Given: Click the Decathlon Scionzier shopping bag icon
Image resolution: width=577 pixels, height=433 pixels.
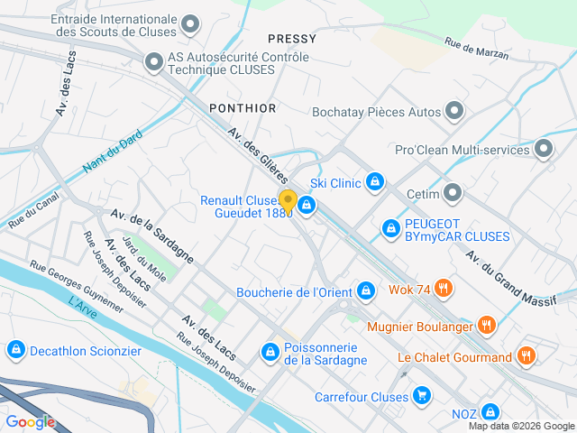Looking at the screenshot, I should click(x=14, y=349).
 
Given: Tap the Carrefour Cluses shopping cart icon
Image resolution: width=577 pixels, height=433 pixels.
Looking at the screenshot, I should click(x=421, y=395).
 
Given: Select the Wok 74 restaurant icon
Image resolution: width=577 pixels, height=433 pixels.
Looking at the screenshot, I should click(x=442, y=289).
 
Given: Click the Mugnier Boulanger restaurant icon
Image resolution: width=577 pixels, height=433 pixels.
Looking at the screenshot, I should click(x=486, y=324).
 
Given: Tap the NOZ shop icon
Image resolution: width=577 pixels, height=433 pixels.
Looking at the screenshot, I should click(x=490, y=412).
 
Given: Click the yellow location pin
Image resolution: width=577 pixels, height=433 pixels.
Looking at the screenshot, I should click(x=288, y=201).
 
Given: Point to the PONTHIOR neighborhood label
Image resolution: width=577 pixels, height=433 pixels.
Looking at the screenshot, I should click(x=243, y=108).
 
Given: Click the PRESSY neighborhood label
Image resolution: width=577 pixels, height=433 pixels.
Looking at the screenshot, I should click(x=292, y=39).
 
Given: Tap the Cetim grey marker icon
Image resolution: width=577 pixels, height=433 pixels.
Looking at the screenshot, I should click(x=453, y=193).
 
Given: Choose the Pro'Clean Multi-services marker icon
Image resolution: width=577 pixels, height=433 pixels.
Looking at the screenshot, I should click(x=544, y=148).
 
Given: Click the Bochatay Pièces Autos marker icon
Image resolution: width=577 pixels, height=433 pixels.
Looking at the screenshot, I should click(x=454, y=112).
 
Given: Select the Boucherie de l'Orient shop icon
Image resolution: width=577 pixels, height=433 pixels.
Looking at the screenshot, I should click(x=365, y=290).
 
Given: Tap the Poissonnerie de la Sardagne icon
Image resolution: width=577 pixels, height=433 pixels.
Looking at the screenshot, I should click(x=270, y=352).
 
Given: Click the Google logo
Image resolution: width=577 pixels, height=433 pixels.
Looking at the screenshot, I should click(x=30, y=421).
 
